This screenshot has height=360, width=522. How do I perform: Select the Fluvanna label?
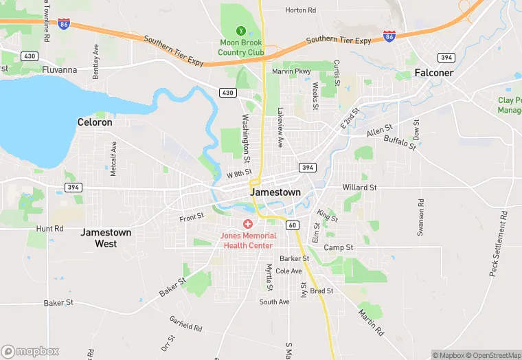pos(60,69)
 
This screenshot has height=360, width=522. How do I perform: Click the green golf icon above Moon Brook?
pos(241,30)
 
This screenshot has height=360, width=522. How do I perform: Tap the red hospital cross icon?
pos(247,225)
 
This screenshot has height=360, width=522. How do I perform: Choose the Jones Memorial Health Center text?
pos(247,240)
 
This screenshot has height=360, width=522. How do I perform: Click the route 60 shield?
pos(293,225)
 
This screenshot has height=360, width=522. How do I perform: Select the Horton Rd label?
pos(300,10)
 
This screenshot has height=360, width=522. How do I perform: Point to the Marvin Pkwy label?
pos(291,71)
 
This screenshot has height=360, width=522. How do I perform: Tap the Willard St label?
pos(360,187)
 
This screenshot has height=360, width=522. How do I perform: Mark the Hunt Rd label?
pos(50,228)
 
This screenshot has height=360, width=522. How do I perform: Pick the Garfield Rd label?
pos(185,324)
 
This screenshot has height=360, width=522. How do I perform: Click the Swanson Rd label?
pos(420,218)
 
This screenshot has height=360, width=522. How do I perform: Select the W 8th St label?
pos(240,175)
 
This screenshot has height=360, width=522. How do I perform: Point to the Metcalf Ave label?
pos(114,157)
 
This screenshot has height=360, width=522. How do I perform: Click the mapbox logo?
pos(31,351)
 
